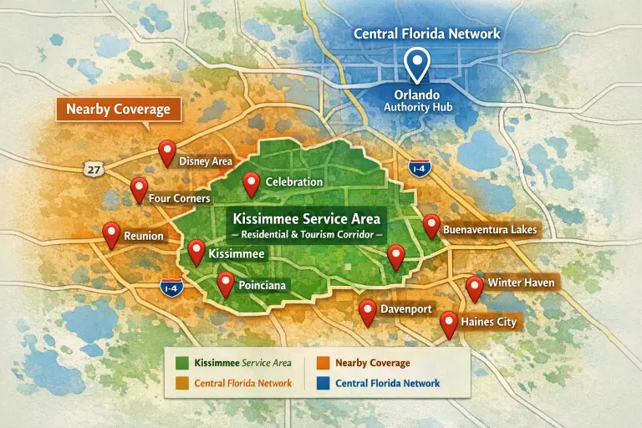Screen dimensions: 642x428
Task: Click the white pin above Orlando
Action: [415, 62]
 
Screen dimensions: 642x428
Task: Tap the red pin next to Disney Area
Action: [167, 151]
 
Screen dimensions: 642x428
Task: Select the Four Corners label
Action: [179, 199]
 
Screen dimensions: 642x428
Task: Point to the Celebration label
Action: [293, 181]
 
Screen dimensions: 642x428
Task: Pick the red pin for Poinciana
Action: [225, 283]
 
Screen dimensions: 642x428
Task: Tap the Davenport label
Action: [406, 309]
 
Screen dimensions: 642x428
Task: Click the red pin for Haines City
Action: [449, 323]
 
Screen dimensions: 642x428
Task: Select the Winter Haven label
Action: [521, 283]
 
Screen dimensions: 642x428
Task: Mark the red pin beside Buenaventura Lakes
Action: [431, 225]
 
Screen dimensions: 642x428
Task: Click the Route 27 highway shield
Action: [94, 169]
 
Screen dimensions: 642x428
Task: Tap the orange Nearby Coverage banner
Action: [118, 110]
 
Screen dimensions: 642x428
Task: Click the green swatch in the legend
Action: [181, 363]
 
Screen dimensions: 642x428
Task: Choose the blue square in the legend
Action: [323, 384]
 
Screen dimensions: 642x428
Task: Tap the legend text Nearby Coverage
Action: [372, 363]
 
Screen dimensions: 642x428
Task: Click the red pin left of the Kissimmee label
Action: [196, 251]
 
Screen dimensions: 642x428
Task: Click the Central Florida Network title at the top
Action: [427, 34]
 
